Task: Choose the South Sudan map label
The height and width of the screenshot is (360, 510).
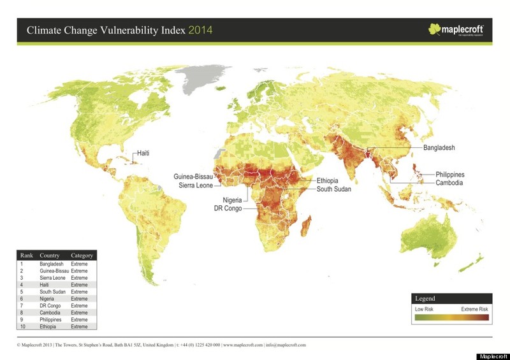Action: (334, 189)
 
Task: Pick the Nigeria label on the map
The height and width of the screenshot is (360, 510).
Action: (228, 200)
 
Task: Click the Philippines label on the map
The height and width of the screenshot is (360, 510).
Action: (449, 175)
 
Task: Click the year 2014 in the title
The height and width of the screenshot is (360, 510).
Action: (200, 30)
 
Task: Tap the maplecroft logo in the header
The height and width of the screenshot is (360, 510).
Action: (456, 29)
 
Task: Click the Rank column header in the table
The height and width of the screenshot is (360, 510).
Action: (26, 256)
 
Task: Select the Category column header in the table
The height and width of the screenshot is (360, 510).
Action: (82, 256)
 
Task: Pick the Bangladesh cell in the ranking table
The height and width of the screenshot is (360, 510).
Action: (54, 263)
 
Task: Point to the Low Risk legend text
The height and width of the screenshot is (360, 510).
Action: (424, 309)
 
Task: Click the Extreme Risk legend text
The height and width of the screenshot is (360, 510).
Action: (474, 309)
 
